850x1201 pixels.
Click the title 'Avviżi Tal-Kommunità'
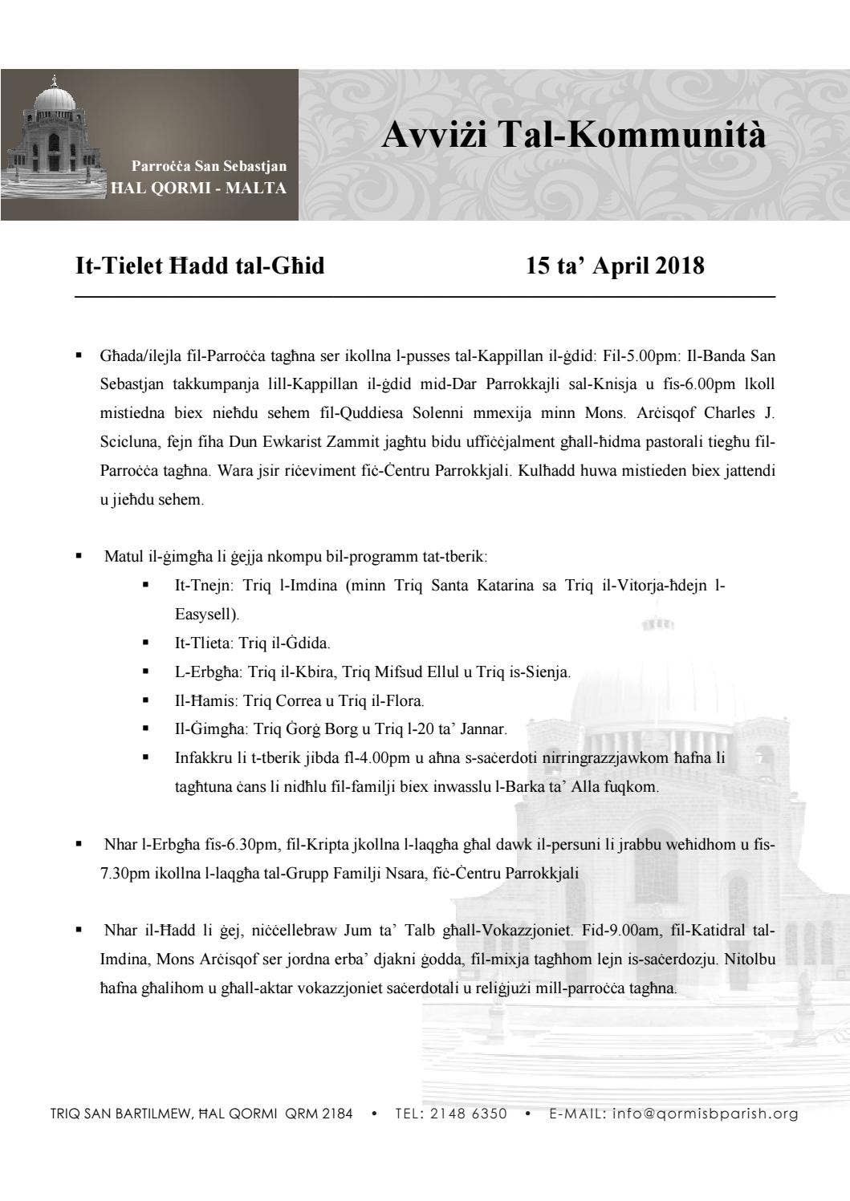[x=573, y=135]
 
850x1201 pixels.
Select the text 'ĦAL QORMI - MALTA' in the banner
[x=197, y=189]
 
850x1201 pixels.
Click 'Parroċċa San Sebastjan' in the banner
[x=209, y=166]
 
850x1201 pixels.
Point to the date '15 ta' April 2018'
[x=615, y=266]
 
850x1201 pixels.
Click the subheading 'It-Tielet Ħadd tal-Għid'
[x=200, y=266]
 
